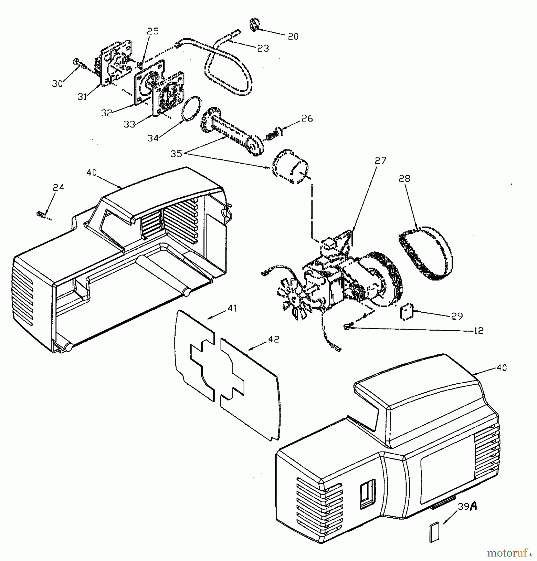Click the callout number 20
point(293,36)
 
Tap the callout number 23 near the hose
point(263,48)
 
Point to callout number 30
point(57,84)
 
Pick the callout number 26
point(307,118)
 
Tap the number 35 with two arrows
point(176,154)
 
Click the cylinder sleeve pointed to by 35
point(290,167)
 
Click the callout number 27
point(380,161)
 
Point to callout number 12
point(478,331)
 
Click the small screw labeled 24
point(40,214)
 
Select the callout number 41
point(232,308)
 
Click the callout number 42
point(273,339)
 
